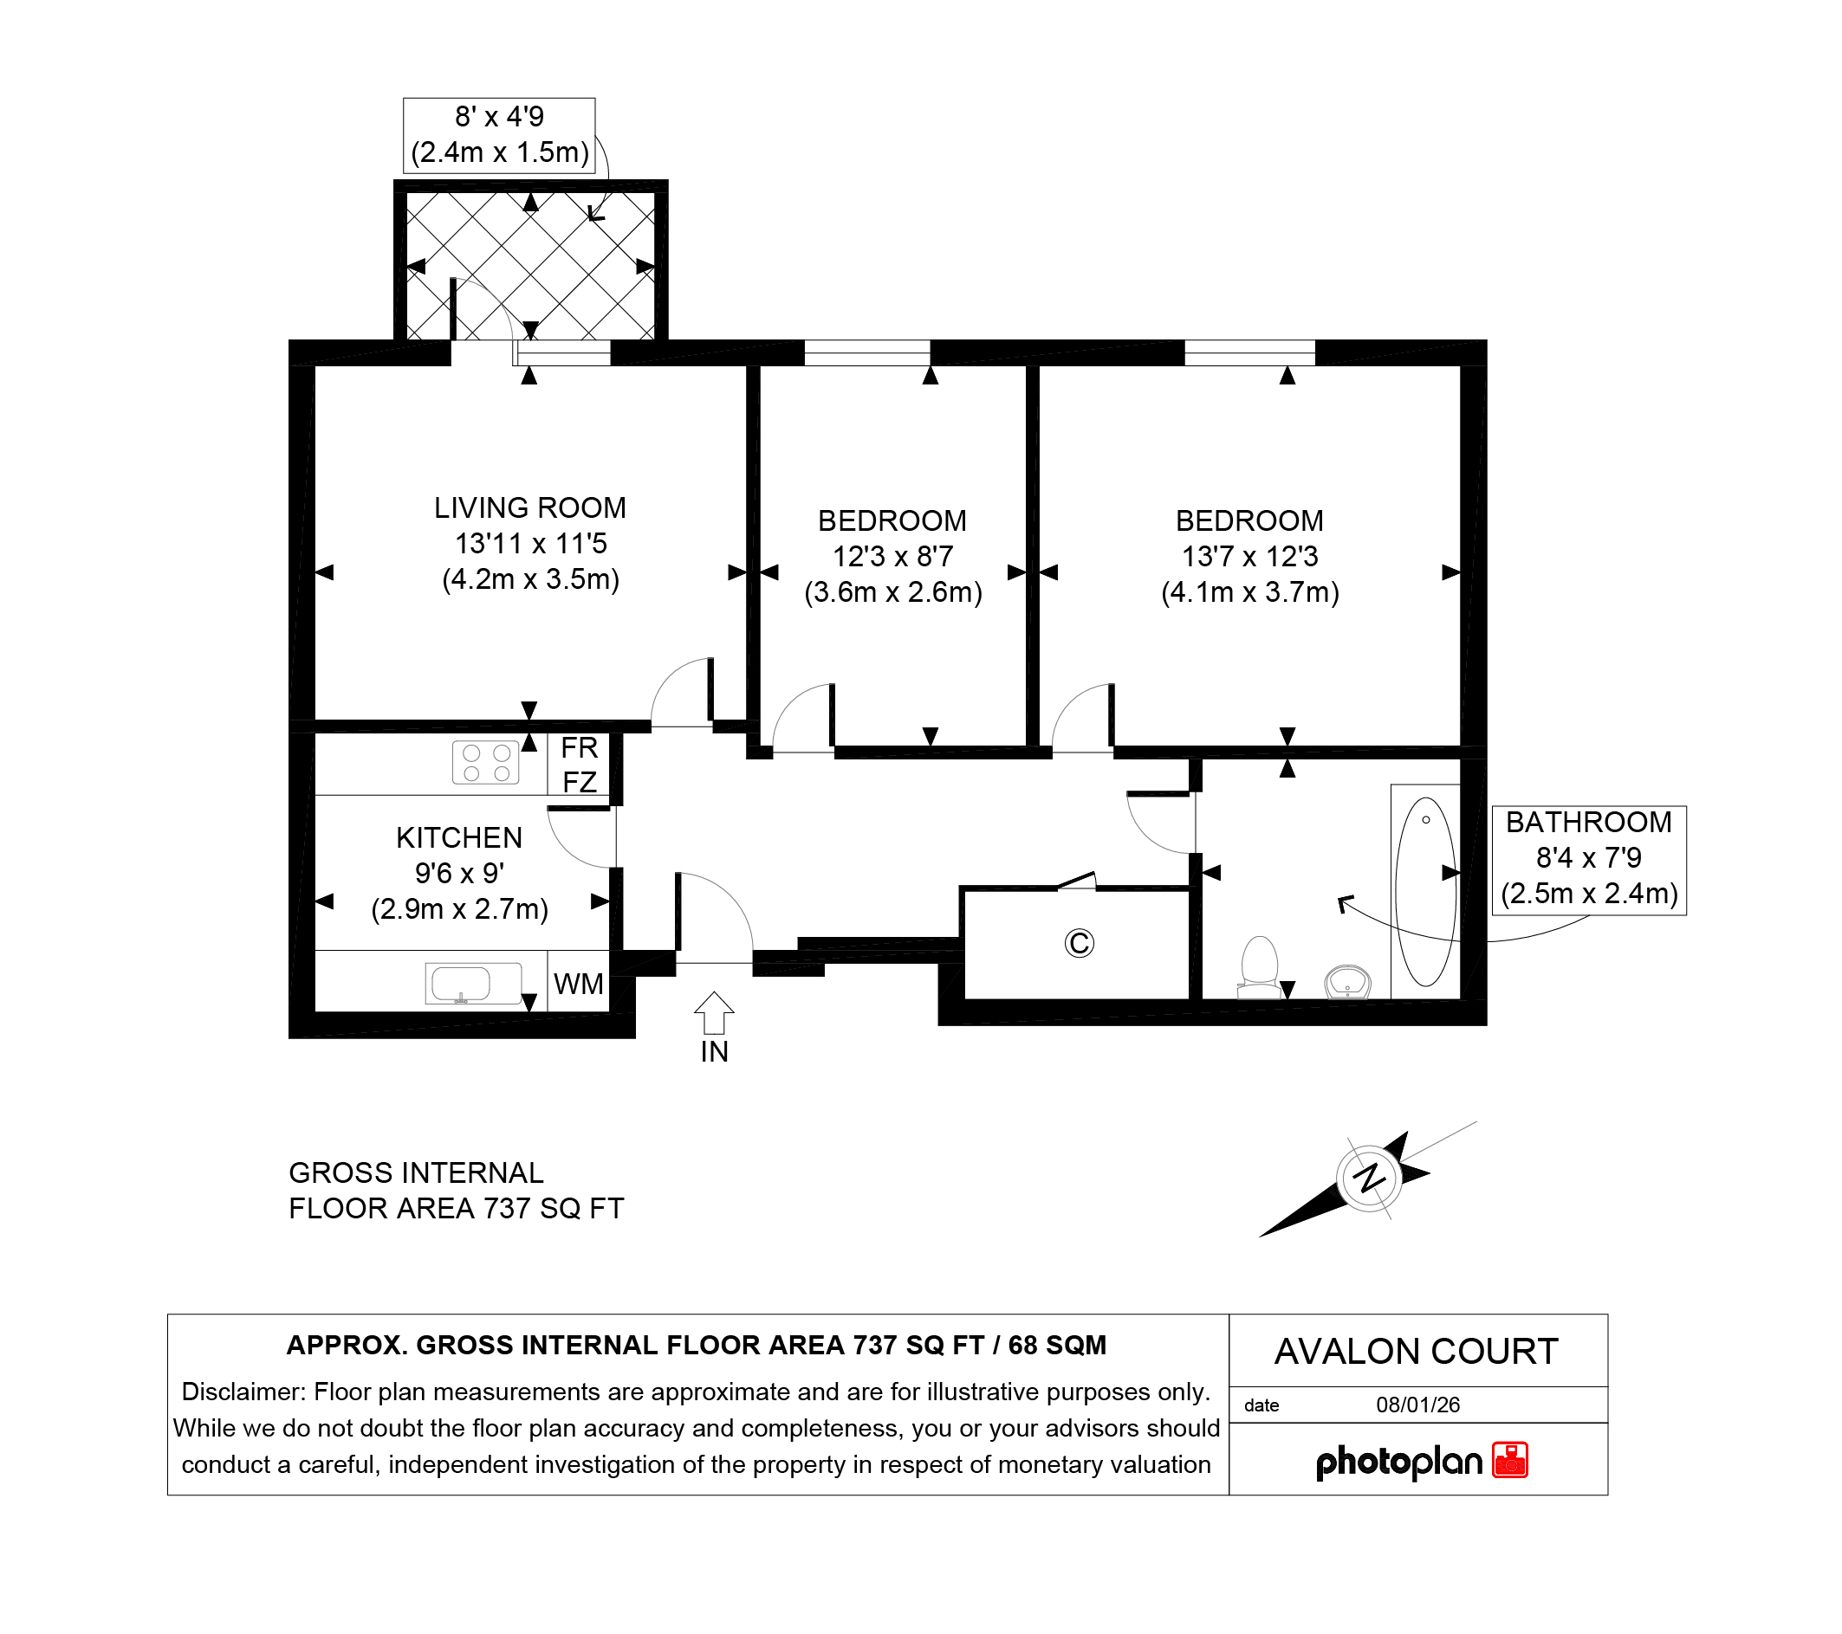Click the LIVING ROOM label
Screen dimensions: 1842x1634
[x=530, y=508]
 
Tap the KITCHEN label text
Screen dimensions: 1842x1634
[x=458, y=837]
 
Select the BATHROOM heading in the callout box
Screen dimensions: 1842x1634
[x=1589, y=823]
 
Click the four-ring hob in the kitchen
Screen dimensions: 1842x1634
[x=486, y=762]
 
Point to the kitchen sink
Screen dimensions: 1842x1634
[x=473, y=984]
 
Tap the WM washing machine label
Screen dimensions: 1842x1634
[x=579, y=984]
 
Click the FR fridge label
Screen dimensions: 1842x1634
[x=580, y=747]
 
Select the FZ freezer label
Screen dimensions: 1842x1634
[x=580, y=782]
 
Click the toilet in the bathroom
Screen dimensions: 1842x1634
[x=1260, y=968]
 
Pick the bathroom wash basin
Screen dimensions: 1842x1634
[x=1347, y=982]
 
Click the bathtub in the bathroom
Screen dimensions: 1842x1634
[x=1424, y=892]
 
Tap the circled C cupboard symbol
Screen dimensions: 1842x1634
[x=1079, y=943]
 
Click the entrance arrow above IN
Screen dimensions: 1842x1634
[x=714, y=1012]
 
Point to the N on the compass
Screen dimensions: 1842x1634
[x=1370, y=1178]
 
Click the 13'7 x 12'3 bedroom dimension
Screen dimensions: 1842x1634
[x=1250, y=557]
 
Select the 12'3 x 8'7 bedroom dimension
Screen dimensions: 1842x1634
[x=892, y=557]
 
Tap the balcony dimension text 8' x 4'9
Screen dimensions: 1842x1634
[x=499, y=117]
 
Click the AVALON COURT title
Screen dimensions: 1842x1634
[x=1417, y=1351]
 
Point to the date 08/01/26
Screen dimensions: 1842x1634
[x=1417, y=1405]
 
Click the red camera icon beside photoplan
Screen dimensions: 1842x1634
[x=1510, y=1460]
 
